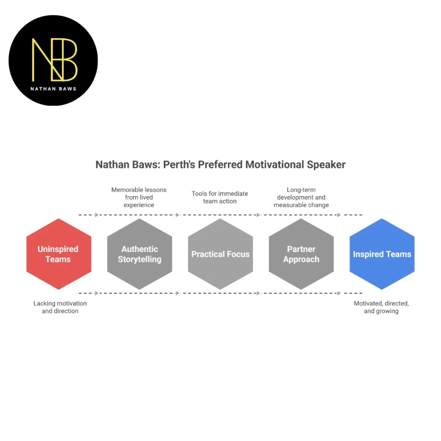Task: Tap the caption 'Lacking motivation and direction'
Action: (60, 307)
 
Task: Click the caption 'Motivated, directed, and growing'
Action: (381, 307)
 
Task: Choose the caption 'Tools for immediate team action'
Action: (220, 197)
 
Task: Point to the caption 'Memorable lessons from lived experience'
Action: (139, 197)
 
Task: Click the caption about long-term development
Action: (301, 197)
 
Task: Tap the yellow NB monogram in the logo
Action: (54, 59)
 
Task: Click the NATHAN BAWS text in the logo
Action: (53, 89)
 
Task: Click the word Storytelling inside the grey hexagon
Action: (140, 260)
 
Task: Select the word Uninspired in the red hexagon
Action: (58, 249)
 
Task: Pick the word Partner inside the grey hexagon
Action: (301, 249)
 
